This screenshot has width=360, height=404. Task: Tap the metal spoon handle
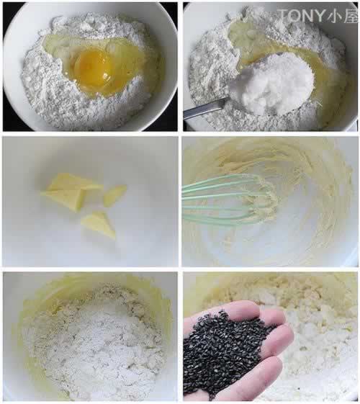click(x=204, y=109)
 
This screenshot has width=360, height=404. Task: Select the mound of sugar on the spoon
click(x=272, y=83)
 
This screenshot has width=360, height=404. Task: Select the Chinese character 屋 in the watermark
click(x=350, y=15)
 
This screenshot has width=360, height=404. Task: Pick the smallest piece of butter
click(x=114, y=195)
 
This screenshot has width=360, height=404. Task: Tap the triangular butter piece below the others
click(x=99, y=224)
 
